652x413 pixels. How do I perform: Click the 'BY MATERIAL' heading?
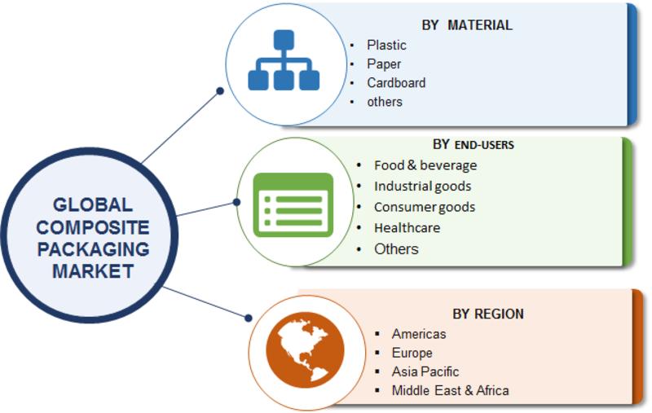467,25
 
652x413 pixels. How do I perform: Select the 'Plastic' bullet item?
386,45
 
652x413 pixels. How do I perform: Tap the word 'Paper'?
384,64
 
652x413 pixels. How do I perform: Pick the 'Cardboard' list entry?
396,83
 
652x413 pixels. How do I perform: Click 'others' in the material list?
385,102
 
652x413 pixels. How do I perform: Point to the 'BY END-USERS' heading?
474,145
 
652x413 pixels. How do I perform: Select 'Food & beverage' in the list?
425,165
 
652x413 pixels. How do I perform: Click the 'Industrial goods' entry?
422,187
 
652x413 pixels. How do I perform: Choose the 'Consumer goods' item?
425,207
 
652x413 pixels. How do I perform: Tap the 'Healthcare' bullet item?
407,228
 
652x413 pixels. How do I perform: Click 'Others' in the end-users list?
396,249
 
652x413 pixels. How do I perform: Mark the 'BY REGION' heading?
488,314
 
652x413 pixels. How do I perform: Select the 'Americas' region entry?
419,334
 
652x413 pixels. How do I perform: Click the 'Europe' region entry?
412,353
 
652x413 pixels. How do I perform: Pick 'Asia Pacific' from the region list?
425,371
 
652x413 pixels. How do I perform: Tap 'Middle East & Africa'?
451,390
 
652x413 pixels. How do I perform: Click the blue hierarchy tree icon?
284,60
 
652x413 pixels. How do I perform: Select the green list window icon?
293,205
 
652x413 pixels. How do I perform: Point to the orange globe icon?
305,350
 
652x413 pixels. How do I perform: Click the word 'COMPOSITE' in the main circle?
93,227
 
